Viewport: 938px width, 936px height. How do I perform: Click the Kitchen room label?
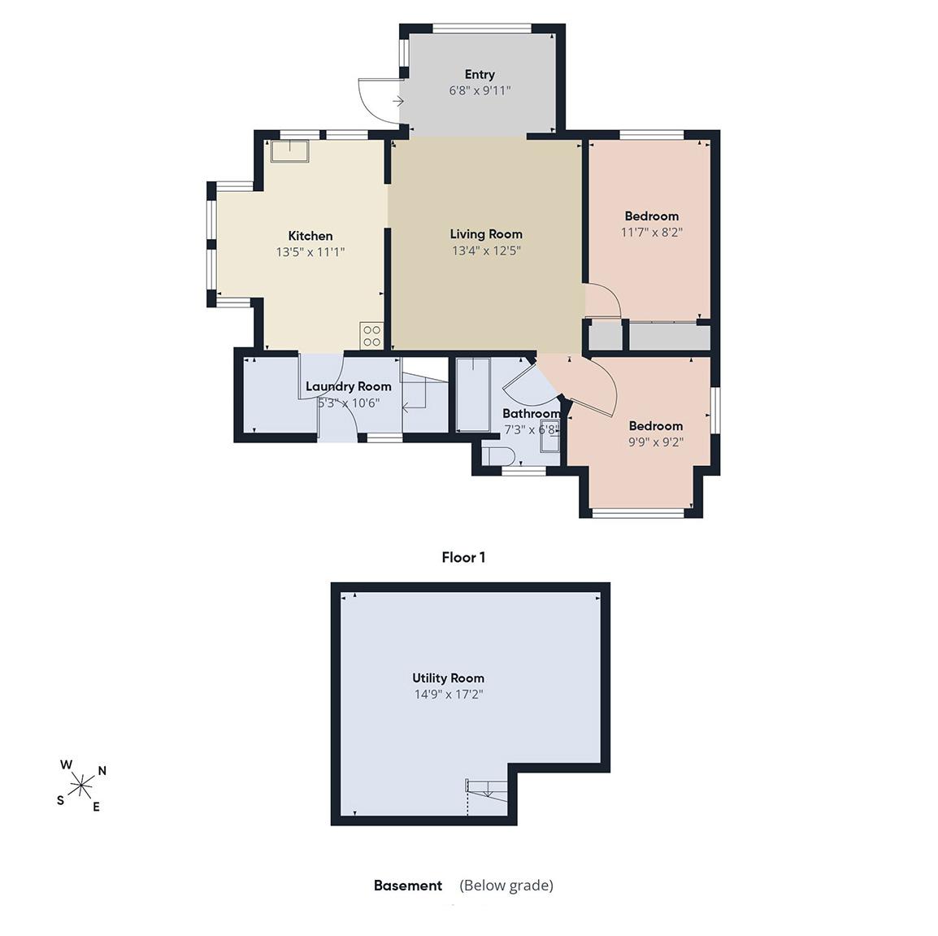point(310,236)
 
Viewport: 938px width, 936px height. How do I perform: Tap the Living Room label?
point(486,234)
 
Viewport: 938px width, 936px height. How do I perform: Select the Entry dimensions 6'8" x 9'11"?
point(480,90)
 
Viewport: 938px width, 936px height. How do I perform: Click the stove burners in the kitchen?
point(371,335)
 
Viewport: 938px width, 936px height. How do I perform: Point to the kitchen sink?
point(289,150)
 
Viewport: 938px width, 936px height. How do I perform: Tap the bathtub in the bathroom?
point(473,394)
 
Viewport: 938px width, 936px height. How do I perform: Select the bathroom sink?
point(549,435)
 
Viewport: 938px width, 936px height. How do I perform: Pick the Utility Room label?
point(448,678)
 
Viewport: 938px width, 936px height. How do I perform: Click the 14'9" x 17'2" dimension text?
point(448,694)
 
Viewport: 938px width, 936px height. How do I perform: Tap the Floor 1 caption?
point(463,558)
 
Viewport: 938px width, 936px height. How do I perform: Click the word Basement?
point(408,885)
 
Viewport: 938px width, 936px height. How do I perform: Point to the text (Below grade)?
point(506,885)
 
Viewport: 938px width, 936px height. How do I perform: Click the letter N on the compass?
point(102,771)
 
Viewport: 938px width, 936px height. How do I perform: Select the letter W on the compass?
point(67,765)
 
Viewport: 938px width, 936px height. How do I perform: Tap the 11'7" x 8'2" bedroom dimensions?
point(651,233)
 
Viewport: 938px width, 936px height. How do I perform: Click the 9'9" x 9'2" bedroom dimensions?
point(656,442)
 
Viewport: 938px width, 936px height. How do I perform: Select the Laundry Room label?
point(348,386)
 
